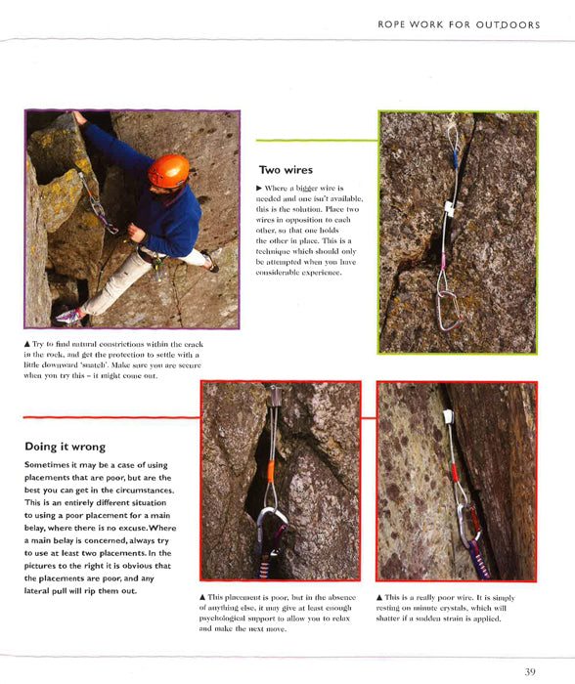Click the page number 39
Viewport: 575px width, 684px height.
529,671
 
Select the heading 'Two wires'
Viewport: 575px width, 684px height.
285,169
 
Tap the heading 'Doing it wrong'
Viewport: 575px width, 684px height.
65,447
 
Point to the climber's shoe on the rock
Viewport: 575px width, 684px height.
70,316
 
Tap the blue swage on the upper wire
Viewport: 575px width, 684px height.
452,159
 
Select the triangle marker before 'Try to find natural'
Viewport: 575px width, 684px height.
27,344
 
